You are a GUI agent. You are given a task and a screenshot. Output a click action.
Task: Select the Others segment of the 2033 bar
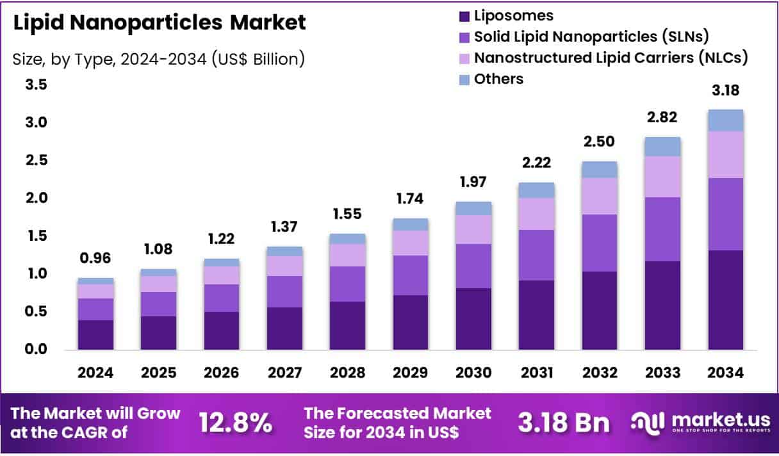click(662, 147)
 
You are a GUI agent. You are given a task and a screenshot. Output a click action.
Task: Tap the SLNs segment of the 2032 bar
click(600, 243)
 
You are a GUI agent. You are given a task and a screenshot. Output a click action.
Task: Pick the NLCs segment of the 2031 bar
click(537, 214)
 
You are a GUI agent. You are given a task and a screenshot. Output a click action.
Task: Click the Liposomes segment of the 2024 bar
click(96, 334)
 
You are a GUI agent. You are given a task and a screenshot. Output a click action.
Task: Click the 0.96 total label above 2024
click(96, 259)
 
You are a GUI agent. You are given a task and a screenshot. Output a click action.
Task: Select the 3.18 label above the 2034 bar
click(725, 92)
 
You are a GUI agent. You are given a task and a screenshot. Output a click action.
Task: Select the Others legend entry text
click(498, 79)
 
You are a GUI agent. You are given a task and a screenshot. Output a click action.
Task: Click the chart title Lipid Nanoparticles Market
click(160, 23)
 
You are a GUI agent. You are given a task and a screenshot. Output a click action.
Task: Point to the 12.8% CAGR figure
click(235, 423)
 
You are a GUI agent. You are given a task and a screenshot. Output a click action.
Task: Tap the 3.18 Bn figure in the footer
click(564, 423)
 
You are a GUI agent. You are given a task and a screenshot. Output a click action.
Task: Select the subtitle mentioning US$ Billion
click(158, 60)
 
